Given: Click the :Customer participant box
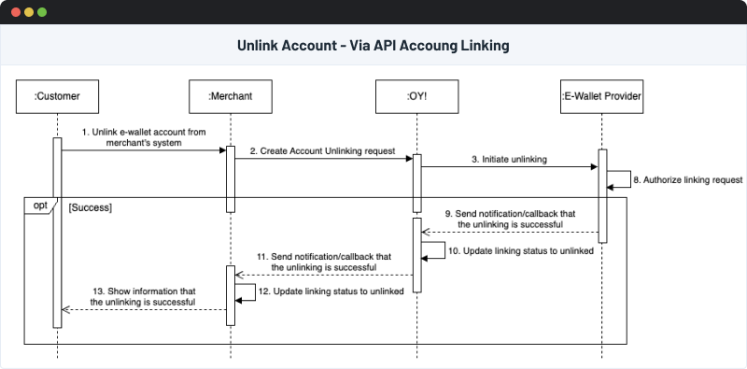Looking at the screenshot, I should (57, 95).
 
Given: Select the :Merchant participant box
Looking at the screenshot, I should (229, 95).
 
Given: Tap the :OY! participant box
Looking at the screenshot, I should (416, 95).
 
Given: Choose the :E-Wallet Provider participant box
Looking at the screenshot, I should (602, 95).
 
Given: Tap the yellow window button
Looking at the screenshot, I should (28, 13).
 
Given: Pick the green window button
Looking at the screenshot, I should (42, 13).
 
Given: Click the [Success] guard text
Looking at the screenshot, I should (91, 206).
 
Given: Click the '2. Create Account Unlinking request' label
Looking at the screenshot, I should (322, 150).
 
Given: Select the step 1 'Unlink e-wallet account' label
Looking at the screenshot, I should (143, 136).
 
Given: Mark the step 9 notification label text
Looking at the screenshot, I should (509, 219).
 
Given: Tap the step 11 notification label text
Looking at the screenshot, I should (324, 261).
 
